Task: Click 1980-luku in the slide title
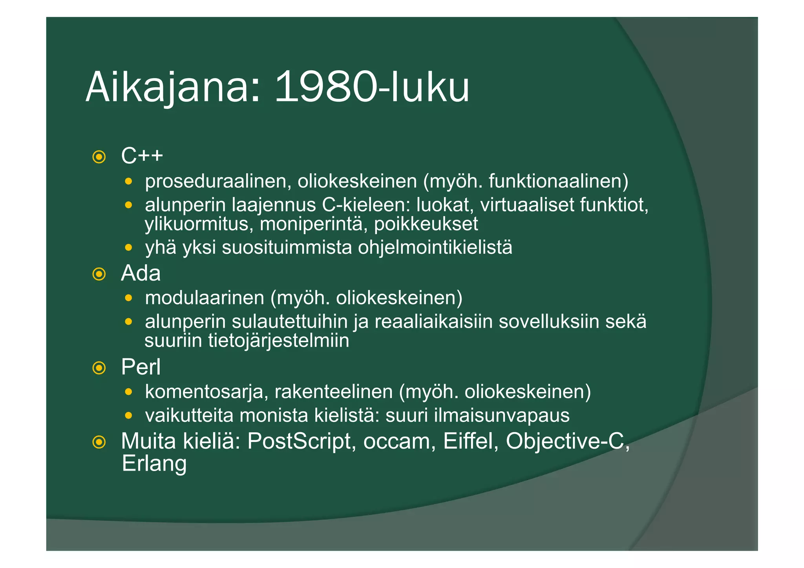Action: coord(371,87)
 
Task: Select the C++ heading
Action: coord(142,156)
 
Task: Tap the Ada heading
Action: coord(141,273)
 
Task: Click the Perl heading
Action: coord(141,367)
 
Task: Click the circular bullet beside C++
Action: coord(99,157)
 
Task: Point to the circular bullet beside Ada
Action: coord(99,274)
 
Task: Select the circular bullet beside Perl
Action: coord(99,368)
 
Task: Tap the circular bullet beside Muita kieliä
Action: coord(99,442)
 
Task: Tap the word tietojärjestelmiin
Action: coord(278,340)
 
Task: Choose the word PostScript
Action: coord(301,441)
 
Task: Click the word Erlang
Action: coord(154,464)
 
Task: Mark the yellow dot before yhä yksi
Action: coord(128,248)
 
